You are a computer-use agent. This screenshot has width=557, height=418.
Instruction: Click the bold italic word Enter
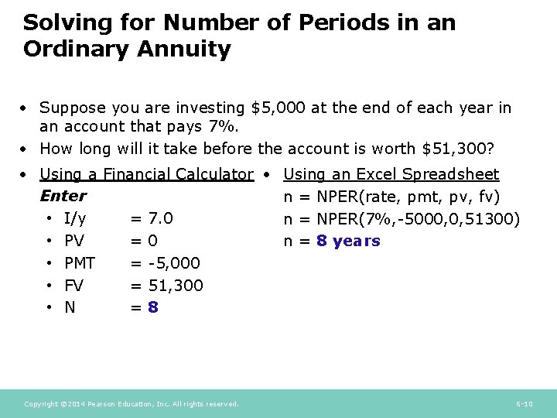(63, 197)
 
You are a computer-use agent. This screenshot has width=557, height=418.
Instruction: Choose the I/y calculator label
(75, 219)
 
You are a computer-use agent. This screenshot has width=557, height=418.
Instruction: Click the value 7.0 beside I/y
(160, 219)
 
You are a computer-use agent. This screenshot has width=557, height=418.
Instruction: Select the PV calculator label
(74, 242)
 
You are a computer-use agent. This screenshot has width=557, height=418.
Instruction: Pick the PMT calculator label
(80, 263)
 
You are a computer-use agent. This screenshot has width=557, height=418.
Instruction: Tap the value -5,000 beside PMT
(174, 263)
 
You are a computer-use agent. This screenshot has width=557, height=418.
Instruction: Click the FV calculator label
(74, 286)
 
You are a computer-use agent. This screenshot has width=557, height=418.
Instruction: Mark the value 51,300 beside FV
(176, 286)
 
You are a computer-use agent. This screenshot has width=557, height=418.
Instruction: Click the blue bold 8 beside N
(153, 308)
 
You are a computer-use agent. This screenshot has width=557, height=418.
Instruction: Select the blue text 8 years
(348, 242)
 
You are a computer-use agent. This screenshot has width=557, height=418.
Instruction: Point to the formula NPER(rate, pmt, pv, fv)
(408, 197)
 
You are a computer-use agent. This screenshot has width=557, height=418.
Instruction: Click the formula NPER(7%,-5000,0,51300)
(418, 219)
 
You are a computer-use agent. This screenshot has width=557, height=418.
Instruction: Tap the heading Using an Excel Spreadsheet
(391, 175)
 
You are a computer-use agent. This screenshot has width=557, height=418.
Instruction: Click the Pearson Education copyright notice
(132, 404)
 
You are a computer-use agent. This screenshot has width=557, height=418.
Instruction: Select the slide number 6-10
(524, 404)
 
